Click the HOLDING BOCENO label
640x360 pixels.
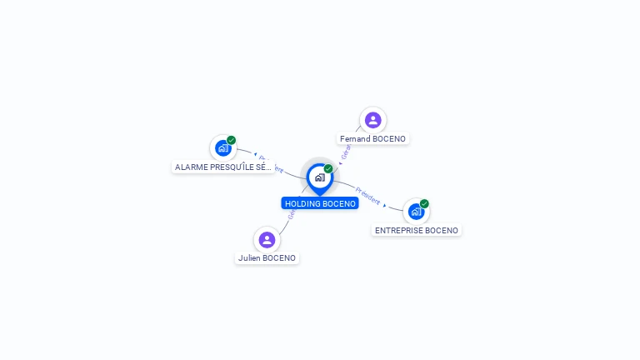tap(320, 203)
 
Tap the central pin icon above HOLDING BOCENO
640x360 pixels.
tap(319, 177)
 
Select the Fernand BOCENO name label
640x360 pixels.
tap(372, 138)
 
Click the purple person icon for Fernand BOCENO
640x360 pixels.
tap(372, 120)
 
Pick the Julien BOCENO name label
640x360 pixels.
tap(267, 258)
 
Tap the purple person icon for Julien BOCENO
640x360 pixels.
tap(267, 240)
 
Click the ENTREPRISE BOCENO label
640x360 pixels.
tap(416, 230)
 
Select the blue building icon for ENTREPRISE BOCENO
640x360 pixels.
tap(416, 212)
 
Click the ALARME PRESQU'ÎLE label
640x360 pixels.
tap(222, 167)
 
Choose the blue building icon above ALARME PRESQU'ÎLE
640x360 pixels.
tap(222, 148)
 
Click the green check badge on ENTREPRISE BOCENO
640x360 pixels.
tap(424, 203)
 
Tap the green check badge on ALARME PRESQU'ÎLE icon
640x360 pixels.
tap(231, 140)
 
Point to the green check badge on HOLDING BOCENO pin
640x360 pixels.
tap(328, 169)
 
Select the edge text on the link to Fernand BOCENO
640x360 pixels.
tap(347, 151)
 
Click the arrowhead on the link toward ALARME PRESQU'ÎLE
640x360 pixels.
tap(255, 155)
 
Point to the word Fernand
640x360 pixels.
tap(354, 138)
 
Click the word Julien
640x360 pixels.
tap(249, 258)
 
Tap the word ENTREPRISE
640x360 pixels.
tap(399, 230)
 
